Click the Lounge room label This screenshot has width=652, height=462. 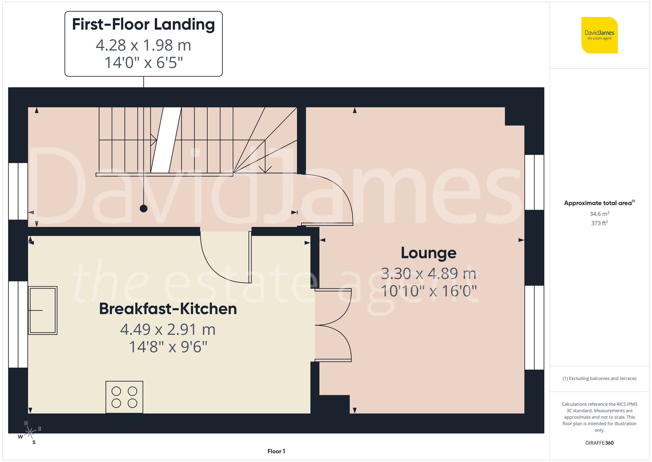coord(428,253)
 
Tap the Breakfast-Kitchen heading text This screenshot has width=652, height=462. coord(168,309)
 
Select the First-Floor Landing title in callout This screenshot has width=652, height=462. coord(143,24)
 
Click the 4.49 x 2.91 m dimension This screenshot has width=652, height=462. coord(168,329)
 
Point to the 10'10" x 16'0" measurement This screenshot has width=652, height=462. coord(428,291)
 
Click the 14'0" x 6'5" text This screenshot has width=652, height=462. coord(143,62)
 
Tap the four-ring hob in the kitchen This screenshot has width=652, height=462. coord(124,397)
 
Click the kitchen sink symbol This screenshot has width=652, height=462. coord(43,310)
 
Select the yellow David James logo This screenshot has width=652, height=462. coord(599,35)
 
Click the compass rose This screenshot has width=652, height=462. coord(30,433)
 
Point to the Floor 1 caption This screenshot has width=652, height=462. coord(276,451)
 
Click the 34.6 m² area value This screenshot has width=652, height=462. coord(599,214)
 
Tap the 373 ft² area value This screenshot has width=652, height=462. coord(599,223)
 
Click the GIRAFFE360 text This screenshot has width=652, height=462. coord(599,443)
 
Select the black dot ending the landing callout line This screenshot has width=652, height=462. coord(143,208)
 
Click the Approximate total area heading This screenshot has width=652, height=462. coord(599,203)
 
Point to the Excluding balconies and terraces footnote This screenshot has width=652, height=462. coord(599,378)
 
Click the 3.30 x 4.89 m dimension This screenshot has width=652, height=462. coord(428,274)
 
